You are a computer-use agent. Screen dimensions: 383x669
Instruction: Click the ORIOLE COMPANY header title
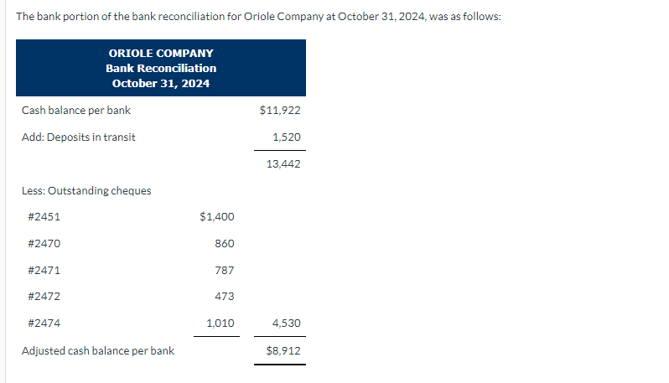tap(161, 53)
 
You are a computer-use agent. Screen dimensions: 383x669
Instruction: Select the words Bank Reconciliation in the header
tap(161, 68)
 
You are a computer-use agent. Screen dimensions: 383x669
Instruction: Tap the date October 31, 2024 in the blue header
tap(161, 83)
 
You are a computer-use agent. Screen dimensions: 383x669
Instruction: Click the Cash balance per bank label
tap(75, 110)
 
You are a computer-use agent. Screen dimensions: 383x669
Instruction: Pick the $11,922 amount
tap(280, 110)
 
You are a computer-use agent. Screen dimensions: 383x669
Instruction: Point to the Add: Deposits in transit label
tap(78, 137)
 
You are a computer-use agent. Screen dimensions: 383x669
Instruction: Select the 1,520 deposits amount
tap(287, 137)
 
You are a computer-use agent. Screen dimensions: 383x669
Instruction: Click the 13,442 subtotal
tap(283, 163)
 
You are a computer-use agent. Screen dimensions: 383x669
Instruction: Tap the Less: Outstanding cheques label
tap(86, 190)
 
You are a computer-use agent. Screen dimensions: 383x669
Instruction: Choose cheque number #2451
tap(44, 216)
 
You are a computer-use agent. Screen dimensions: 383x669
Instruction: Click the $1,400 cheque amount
tap(217, 216)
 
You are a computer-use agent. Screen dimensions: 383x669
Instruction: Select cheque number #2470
tap(44, 243)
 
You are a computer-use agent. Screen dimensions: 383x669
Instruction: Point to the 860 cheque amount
tap(224, 243)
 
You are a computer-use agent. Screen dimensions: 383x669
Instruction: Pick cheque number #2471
tap(44, 270)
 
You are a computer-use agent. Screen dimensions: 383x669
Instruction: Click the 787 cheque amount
tap(224, 270)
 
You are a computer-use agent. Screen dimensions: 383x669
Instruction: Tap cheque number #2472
tap(44, 296)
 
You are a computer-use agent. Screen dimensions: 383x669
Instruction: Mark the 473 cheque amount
tap(224, 296)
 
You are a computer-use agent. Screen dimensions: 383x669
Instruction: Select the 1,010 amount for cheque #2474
tap(220, 323)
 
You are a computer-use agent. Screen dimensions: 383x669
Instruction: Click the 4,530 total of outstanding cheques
tap(287, 323)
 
